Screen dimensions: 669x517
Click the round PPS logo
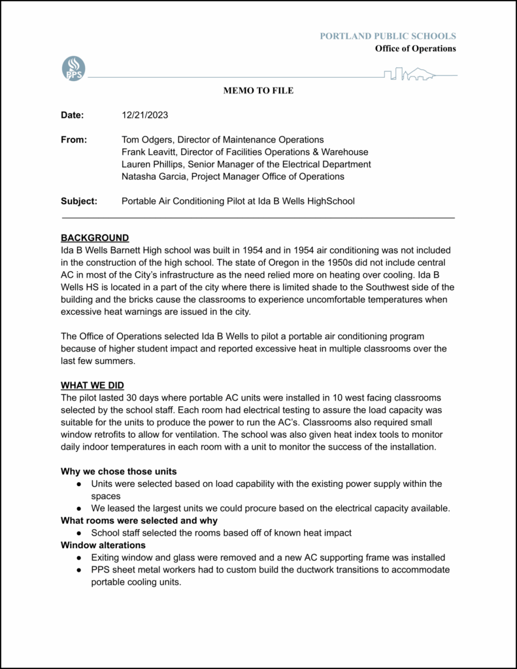click(73, 69)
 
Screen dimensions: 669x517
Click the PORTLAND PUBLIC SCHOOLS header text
click(388, 36)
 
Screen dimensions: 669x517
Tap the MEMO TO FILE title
click(259, 91)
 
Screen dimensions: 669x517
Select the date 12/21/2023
click(145, 115)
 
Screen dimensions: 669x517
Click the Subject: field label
click(79, 201)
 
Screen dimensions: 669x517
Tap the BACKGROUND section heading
click(95, 238)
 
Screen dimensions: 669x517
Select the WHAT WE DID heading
click(92, 385)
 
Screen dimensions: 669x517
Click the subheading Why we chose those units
click(118, 471)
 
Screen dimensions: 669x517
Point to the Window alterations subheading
click(103, 545)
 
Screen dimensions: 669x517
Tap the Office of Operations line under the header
click(415, 48)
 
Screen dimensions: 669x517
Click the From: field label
click(74, 140)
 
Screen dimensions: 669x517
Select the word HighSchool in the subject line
click(330, 201)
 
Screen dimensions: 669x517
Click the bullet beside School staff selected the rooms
click(79, 533)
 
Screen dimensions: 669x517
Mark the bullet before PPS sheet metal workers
click(79, 570)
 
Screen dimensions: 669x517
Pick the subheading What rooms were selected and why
click(139, 521)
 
